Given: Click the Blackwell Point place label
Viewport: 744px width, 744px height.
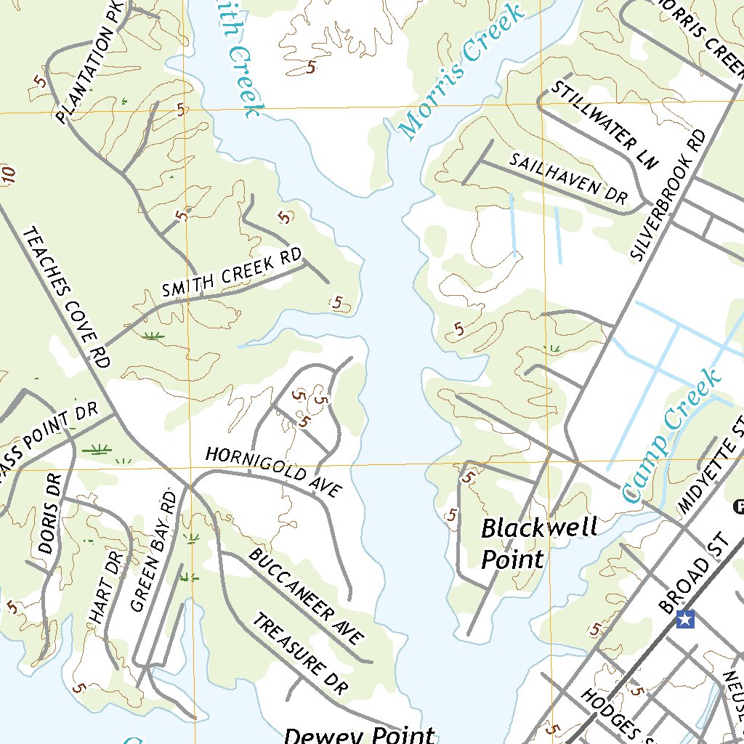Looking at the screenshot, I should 538,542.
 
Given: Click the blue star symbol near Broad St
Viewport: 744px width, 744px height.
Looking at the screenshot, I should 685,619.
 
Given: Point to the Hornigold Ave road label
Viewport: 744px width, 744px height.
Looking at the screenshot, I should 272,472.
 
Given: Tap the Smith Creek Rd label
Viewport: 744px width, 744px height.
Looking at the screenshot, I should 232,275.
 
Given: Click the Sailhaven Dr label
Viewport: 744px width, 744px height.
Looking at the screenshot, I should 567,179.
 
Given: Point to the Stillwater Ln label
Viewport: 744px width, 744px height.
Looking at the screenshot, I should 604,124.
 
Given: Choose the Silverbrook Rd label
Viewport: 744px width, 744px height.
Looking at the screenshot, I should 668,195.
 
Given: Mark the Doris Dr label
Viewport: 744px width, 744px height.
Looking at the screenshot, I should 50,514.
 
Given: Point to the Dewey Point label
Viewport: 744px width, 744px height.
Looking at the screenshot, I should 360,735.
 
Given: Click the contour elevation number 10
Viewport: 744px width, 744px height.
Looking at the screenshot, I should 9,174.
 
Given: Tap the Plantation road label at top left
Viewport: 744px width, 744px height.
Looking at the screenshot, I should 92,65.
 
